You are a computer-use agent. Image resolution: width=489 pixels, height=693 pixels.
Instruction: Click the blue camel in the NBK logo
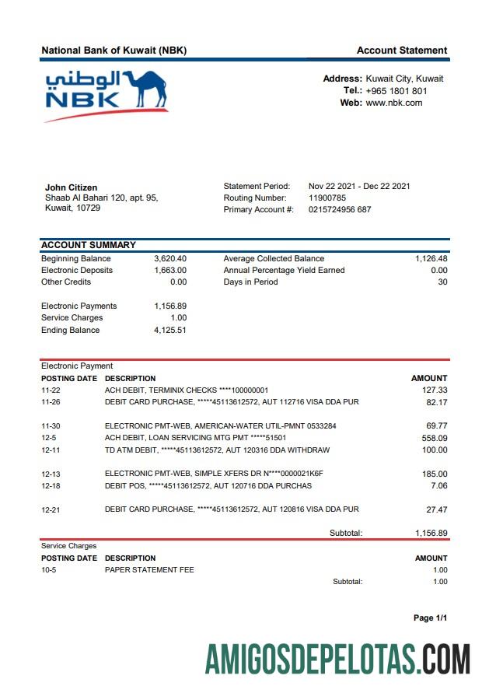(x=148, y=89)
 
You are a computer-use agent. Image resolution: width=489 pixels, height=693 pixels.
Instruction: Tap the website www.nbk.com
(x=394, y=103)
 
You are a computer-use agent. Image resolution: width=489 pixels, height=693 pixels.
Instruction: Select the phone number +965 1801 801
(x=396, y=91)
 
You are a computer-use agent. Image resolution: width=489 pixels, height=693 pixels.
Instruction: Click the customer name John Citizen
(x=72, y=187)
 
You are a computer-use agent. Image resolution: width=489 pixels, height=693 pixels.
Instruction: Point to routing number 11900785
(x=327, y=198)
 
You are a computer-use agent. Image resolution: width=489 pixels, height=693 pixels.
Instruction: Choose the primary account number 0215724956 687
(x=340, y=209)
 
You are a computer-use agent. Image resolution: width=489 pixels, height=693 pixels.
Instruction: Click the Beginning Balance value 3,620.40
(x=170, y=258)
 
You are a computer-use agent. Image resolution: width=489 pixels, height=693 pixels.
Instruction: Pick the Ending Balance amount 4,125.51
(x=170, y=330)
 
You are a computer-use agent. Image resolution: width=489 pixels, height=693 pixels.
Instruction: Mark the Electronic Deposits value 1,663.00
(x=170, y=270)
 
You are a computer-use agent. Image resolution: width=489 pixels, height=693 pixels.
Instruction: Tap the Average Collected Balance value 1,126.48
(x=431, y=258)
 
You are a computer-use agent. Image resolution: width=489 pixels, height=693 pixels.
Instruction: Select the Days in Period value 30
(x=442, y=282)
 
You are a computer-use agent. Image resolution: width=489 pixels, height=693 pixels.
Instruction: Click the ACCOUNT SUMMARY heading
(x=89, y=245)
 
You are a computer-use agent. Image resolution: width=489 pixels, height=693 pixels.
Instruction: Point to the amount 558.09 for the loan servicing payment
(x=435, y=438)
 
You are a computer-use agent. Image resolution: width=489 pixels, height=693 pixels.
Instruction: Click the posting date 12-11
(x=51, y=450)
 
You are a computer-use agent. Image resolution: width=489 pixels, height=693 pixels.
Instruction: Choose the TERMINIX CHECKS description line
(x=187, y=390)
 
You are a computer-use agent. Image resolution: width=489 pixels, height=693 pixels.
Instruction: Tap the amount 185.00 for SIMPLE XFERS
(x=435, y=474)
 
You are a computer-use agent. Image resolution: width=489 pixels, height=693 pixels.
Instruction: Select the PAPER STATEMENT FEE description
(x=149, y=569)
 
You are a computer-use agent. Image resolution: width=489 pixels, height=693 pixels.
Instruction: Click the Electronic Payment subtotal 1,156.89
(x=431, y=533)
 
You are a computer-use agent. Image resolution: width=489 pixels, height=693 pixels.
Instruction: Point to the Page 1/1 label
(x=430, y=618)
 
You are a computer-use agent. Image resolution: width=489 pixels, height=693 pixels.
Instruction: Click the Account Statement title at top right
(x=402, y=51)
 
